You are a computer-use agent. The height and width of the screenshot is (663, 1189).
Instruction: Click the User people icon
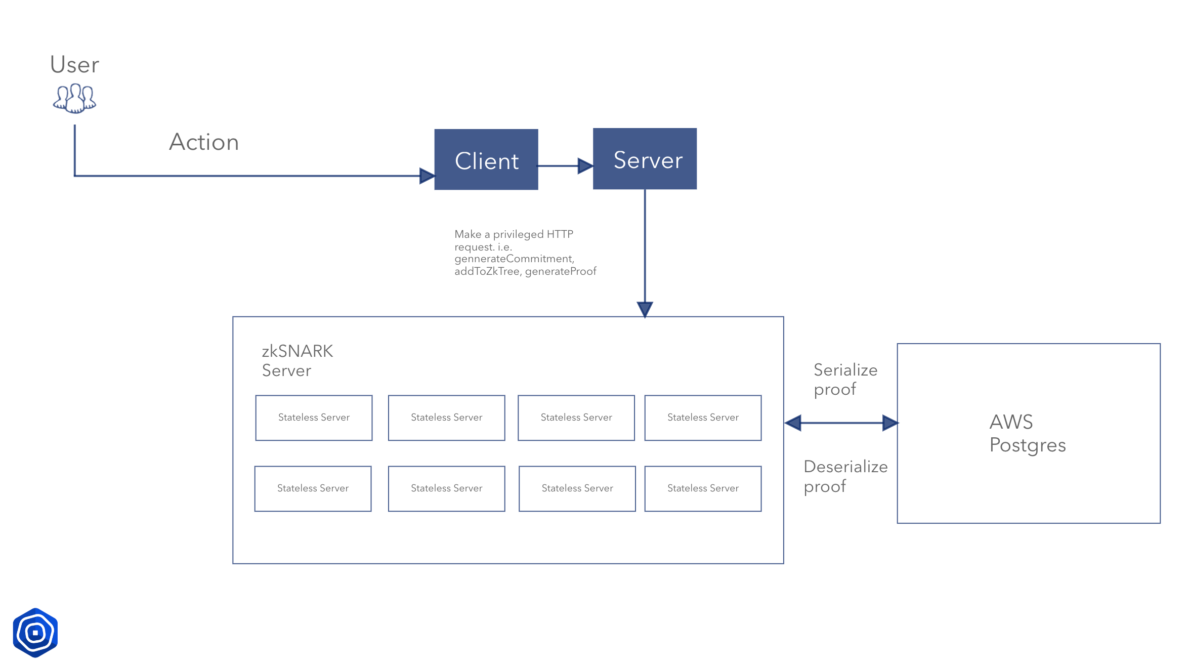tap(74, 98)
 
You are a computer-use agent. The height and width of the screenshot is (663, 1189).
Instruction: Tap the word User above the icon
tap(74, 65)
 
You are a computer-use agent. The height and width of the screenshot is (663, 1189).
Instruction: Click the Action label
tap(203, 142)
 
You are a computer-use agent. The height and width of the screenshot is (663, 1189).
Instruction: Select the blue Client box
tap(486, 160)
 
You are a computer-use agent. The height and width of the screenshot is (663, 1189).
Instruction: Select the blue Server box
tap(645, 159)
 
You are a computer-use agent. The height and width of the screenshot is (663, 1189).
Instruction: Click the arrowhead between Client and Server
tap(585, 165)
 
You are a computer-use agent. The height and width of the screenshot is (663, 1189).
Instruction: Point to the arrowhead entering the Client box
tap(427, 176)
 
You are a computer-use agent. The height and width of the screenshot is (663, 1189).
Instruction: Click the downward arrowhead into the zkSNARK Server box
tap(645, 309)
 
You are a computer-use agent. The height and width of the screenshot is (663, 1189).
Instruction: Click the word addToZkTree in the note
tap(487, 271)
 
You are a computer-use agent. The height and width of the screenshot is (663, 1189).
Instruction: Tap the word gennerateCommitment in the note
tap(514, 259)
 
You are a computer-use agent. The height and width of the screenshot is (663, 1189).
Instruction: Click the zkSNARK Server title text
tap(297, 361)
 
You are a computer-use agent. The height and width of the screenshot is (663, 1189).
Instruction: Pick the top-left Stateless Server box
tap(314, 418)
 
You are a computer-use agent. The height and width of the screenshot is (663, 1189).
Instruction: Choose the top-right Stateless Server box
tap(703, 418)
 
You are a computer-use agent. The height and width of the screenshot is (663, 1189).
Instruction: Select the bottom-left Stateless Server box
tap(313, 488)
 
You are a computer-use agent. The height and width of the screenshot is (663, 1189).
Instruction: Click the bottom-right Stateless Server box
tap(703, 488)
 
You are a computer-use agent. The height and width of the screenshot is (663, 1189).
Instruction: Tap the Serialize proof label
tap(845, 380)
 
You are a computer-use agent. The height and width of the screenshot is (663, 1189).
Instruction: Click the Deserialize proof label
tap(845, 476)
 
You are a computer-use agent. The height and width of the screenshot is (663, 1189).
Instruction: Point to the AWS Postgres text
tap(1027, 433)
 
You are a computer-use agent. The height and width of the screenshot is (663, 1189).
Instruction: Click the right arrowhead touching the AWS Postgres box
tap(890, 423)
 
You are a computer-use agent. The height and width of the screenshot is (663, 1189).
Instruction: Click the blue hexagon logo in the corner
tap(35, 633)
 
